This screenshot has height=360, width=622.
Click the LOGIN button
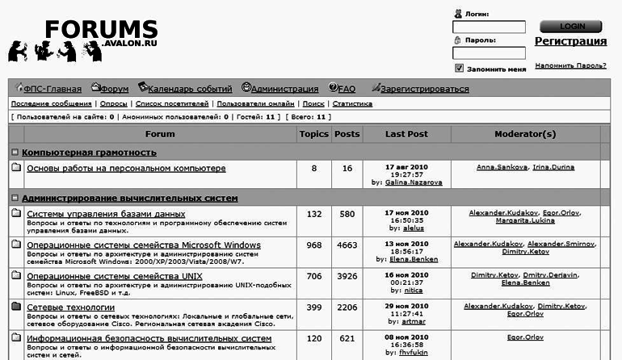569,26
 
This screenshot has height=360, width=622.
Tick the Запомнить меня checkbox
460,69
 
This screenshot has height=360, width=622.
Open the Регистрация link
570,41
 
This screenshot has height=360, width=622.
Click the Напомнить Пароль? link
570,65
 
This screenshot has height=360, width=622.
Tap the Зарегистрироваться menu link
423,89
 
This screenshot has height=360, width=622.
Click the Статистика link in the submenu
352,104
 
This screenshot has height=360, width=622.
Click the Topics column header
313,134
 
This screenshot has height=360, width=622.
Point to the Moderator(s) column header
525,134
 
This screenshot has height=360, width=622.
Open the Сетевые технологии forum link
71,308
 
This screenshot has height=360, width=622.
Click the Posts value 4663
347,245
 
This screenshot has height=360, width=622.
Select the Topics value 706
313,276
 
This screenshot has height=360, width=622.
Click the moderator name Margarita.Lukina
525,220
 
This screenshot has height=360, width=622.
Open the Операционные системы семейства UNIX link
115,276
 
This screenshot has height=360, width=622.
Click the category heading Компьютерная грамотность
89,153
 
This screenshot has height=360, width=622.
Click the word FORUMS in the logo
101,30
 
